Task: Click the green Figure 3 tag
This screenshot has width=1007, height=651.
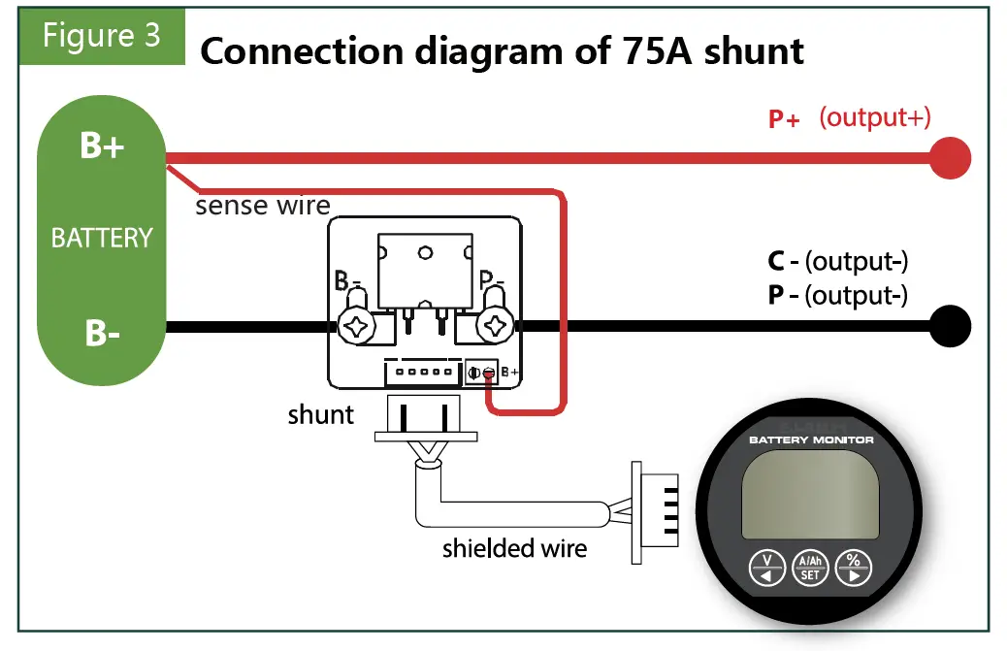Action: (x=101, y=37)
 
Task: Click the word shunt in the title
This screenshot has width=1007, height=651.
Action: (x=754, y=51)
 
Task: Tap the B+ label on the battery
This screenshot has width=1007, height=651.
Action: (x=101, y=148)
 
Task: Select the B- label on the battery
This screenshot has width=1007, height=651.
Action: (x=101, y=333)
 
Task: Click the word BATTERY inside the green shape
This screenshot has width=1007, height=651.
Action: (x=102, y=238)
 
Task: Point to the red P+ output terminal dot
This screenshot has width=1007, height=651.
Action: (x=950, y=157)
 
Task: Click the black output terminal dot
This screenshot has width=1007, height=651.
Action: (x=950, y=325)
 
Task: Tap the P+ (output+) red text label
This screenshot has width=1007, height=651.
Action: (x=849, y=118)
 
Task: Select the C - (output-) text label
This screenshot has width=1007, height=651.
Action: (x=837, y=261)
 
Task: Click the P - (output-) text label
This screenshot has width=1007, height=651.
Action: (x=837, y=295)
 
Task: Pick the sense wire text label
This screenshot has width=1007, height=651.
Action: (x=263, y=206)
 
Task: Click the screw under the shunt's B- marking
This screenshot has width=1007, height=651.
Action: (x=358, y=327)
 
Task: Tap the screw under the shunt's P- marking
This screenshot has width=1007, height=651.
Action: (x=497, y=326)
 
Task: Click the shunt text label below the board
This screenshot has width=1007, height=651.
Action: (x=320, y=415)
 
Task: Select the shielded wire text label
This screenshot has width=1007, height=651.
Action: (x=514, y=548)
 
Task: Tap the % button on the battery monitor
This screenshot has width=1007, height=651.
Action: (x=853, y=567)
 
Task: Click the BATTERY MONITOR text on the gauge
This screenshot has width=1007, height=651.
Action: (x=811, y=440)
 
